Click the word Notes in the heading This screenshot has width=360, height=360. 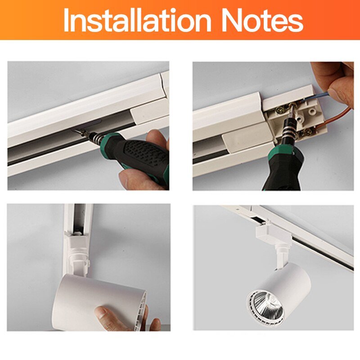coord(262,20)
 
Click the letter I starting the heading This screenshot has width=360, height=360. coord(67,20)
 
